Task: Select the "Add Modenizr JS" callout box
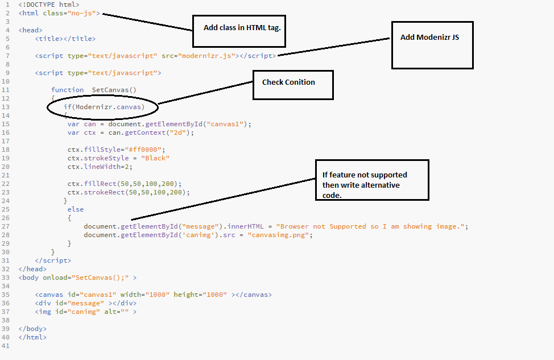tap(432, 45)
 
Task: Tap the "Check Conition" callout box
tap(293, 84)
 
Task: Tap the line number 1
tap(6, 5)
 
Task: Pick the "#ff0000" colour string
tap(142, 150)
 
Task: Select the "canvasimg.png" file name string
tap(279, 235)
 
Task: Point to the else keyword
tap(75, 209)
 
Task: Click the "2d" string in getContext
tap(182, 133)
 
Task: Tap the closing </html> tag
tap(32, 337)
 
